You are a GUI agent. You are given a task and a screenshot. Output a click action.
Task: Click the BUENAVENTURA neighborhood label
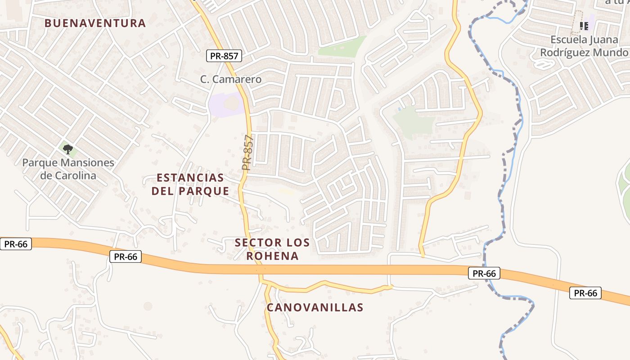point(95,23)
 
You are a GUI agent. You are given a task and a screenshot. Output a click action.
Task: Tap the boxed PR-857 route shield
point(225,56)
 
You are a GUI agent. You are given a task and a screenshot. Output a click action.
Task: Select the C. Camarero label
point(231,80)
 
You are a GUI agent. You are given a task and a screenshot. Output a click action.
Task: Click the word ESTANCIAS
point(190,178)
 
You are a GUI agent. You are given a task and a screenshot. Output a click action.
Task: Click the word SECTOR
point(255,243)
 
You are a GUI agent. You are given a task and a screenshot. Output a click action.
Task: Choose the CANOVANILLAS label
point(315,308)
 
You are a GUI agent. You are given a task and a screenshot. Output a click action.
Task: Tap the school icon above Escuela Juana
point(584,26)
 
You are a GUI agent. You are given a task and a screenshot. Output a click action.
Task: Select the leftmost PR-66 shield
point(16,244)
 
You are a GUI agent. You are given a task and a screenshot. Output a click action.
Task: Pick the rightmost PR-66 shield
point(585,293)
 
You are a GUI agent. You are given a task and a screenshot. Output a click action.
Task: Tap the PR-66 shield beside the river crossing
point(484,273)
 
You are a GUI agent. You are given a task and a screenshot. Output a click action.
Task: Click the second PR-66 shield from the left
point(126,256)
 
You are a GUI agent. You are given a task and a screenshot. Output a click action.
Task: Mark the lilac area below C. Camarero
point(226,105)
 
